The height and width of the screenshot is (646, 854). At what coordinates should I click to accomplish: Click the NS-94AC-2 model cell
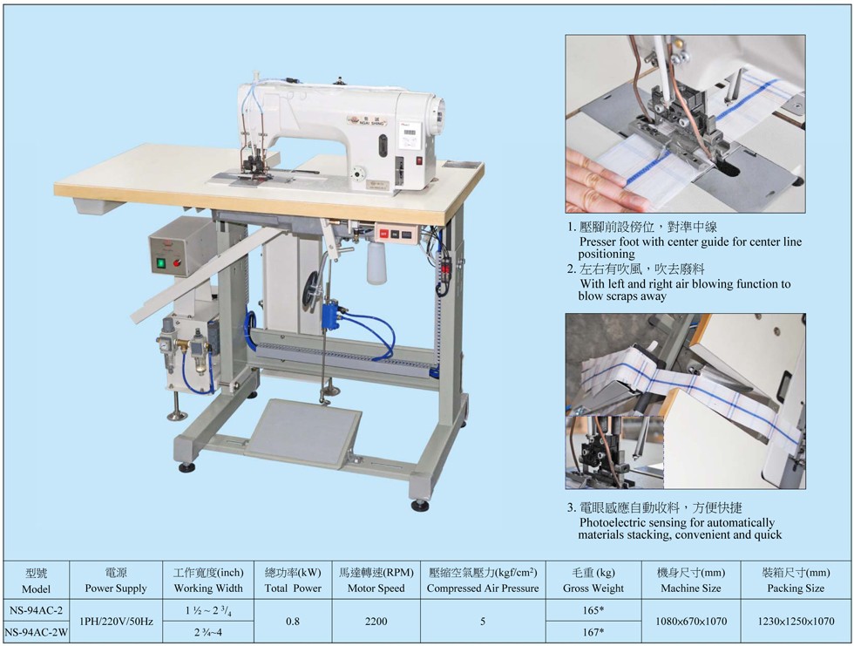tap(36, 610)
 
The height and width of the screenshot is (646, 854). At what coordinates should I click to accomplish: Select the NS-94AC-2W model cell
tap(36, 632)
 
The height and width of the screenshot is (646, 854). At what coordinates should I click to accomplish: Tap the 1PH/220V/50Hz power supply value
tap(116, 622)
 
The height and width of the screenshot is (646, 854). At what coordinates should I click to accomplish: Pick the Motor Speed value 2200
tap(376, 622)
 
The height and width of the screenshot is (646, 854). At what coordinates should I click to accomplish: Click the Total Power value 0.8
tap(293, 622)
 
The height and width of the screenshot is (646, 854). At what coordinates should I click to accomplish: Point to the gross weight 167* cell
tap(593, 632)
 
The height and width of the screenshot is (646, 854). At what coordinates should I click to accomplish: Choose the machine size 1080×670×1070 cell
tap(690, 622)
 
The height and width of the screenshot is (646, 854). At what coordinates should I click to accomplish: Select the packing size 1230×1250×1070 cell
tap(796, 622)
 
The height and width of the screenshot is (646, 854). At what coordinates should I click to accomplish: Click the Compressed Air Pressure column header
tap(483, 580)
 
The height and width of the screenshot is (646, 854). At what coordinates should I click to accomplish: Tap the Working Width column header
tap(208, 580)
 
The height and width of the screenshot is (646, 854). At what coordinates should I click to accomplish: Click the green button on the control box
tap(161, 263)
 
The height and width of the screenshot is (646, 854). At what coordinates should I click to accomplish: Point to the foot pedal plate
tap(303, 433)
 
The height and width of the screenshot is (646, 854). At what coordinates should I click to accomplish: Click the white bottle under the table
tap(376, 263)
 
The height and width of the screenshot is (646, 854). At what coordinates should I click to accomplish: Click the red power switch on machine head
tap(419, 160)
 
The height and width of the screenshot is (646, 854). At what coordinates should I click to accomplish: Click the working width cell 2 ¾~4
tap(208, 632)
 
